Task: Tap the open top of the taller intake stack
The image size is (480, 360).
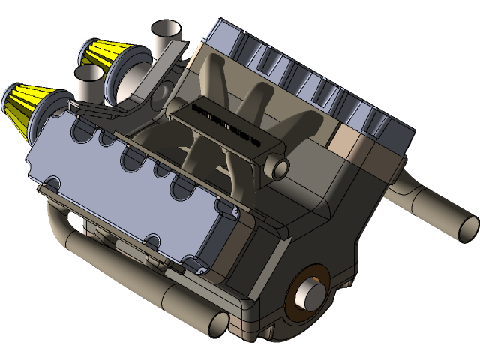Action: coord(166,31)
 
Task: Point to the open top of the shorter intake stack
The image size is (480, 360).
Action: coord(89,73)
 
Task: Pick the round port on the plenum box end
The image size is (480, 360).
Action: coord(280,168)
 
